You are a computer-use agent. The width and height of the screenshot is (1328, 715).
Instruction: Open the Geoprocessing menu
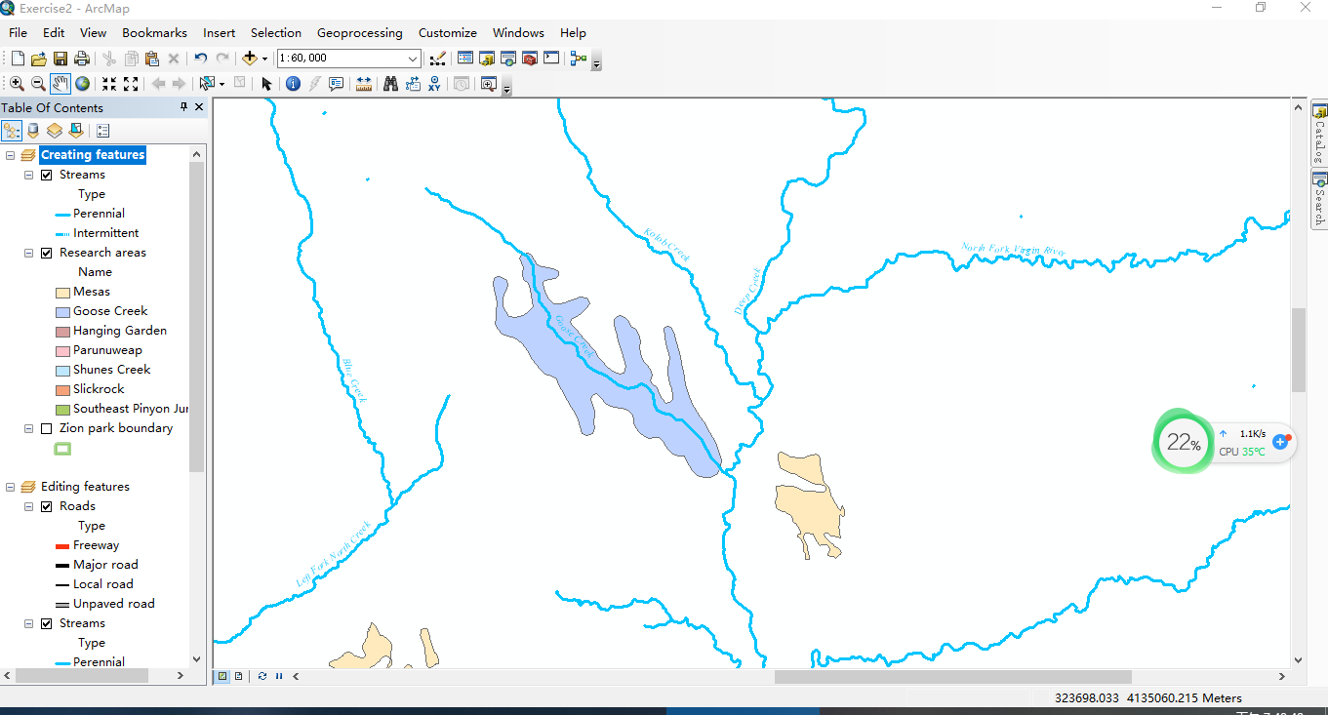coord(359,33)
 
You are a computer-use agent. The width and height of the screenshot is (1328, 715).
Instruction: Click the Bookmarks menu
coord(154,33)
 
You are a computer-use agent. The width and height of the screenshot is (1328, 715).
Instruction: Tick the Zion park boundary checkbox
coord(46,428)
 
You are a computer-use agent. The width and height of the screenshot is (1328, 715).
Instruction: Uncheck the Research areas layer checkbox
coord(46,253)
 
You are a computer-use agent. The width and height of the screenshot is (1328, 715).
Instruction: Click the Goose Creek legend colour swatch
coord(62,312)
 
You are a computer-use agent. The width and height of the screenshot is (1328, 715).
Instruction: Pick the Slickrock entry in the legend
coord(99,389)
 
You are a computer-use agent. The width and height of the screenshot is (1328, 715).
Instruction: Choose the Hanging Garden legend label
coord(119,331)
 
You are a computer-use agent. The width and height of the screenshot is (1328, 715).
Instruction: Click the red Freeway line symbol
coord(62,546)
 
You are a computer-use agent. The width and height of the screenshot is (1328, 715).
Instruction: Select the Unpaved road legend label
coord(113,604)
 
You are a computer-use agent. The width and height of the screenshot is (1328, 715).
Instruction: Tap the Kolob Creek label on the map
coord(666,244)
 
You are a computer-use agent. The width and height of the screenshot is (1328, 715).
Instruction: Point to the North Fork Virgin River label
coord(1013,250)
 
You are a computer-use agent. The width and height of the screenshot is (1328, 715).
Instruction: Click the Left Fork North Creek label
coord(333,553)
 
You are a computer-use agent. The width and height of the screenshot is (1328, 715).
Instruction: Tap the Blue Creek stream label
coord(354,379)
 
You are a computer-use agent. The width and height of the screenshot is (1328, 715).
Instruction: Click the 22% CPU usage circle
coord(1182,443)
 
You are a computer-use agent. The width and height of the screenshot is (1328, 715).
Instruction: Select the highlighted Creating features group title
coord(93,155)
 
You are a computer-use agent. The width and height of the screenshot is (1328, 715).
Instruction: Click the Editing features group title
coord(85,487)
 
